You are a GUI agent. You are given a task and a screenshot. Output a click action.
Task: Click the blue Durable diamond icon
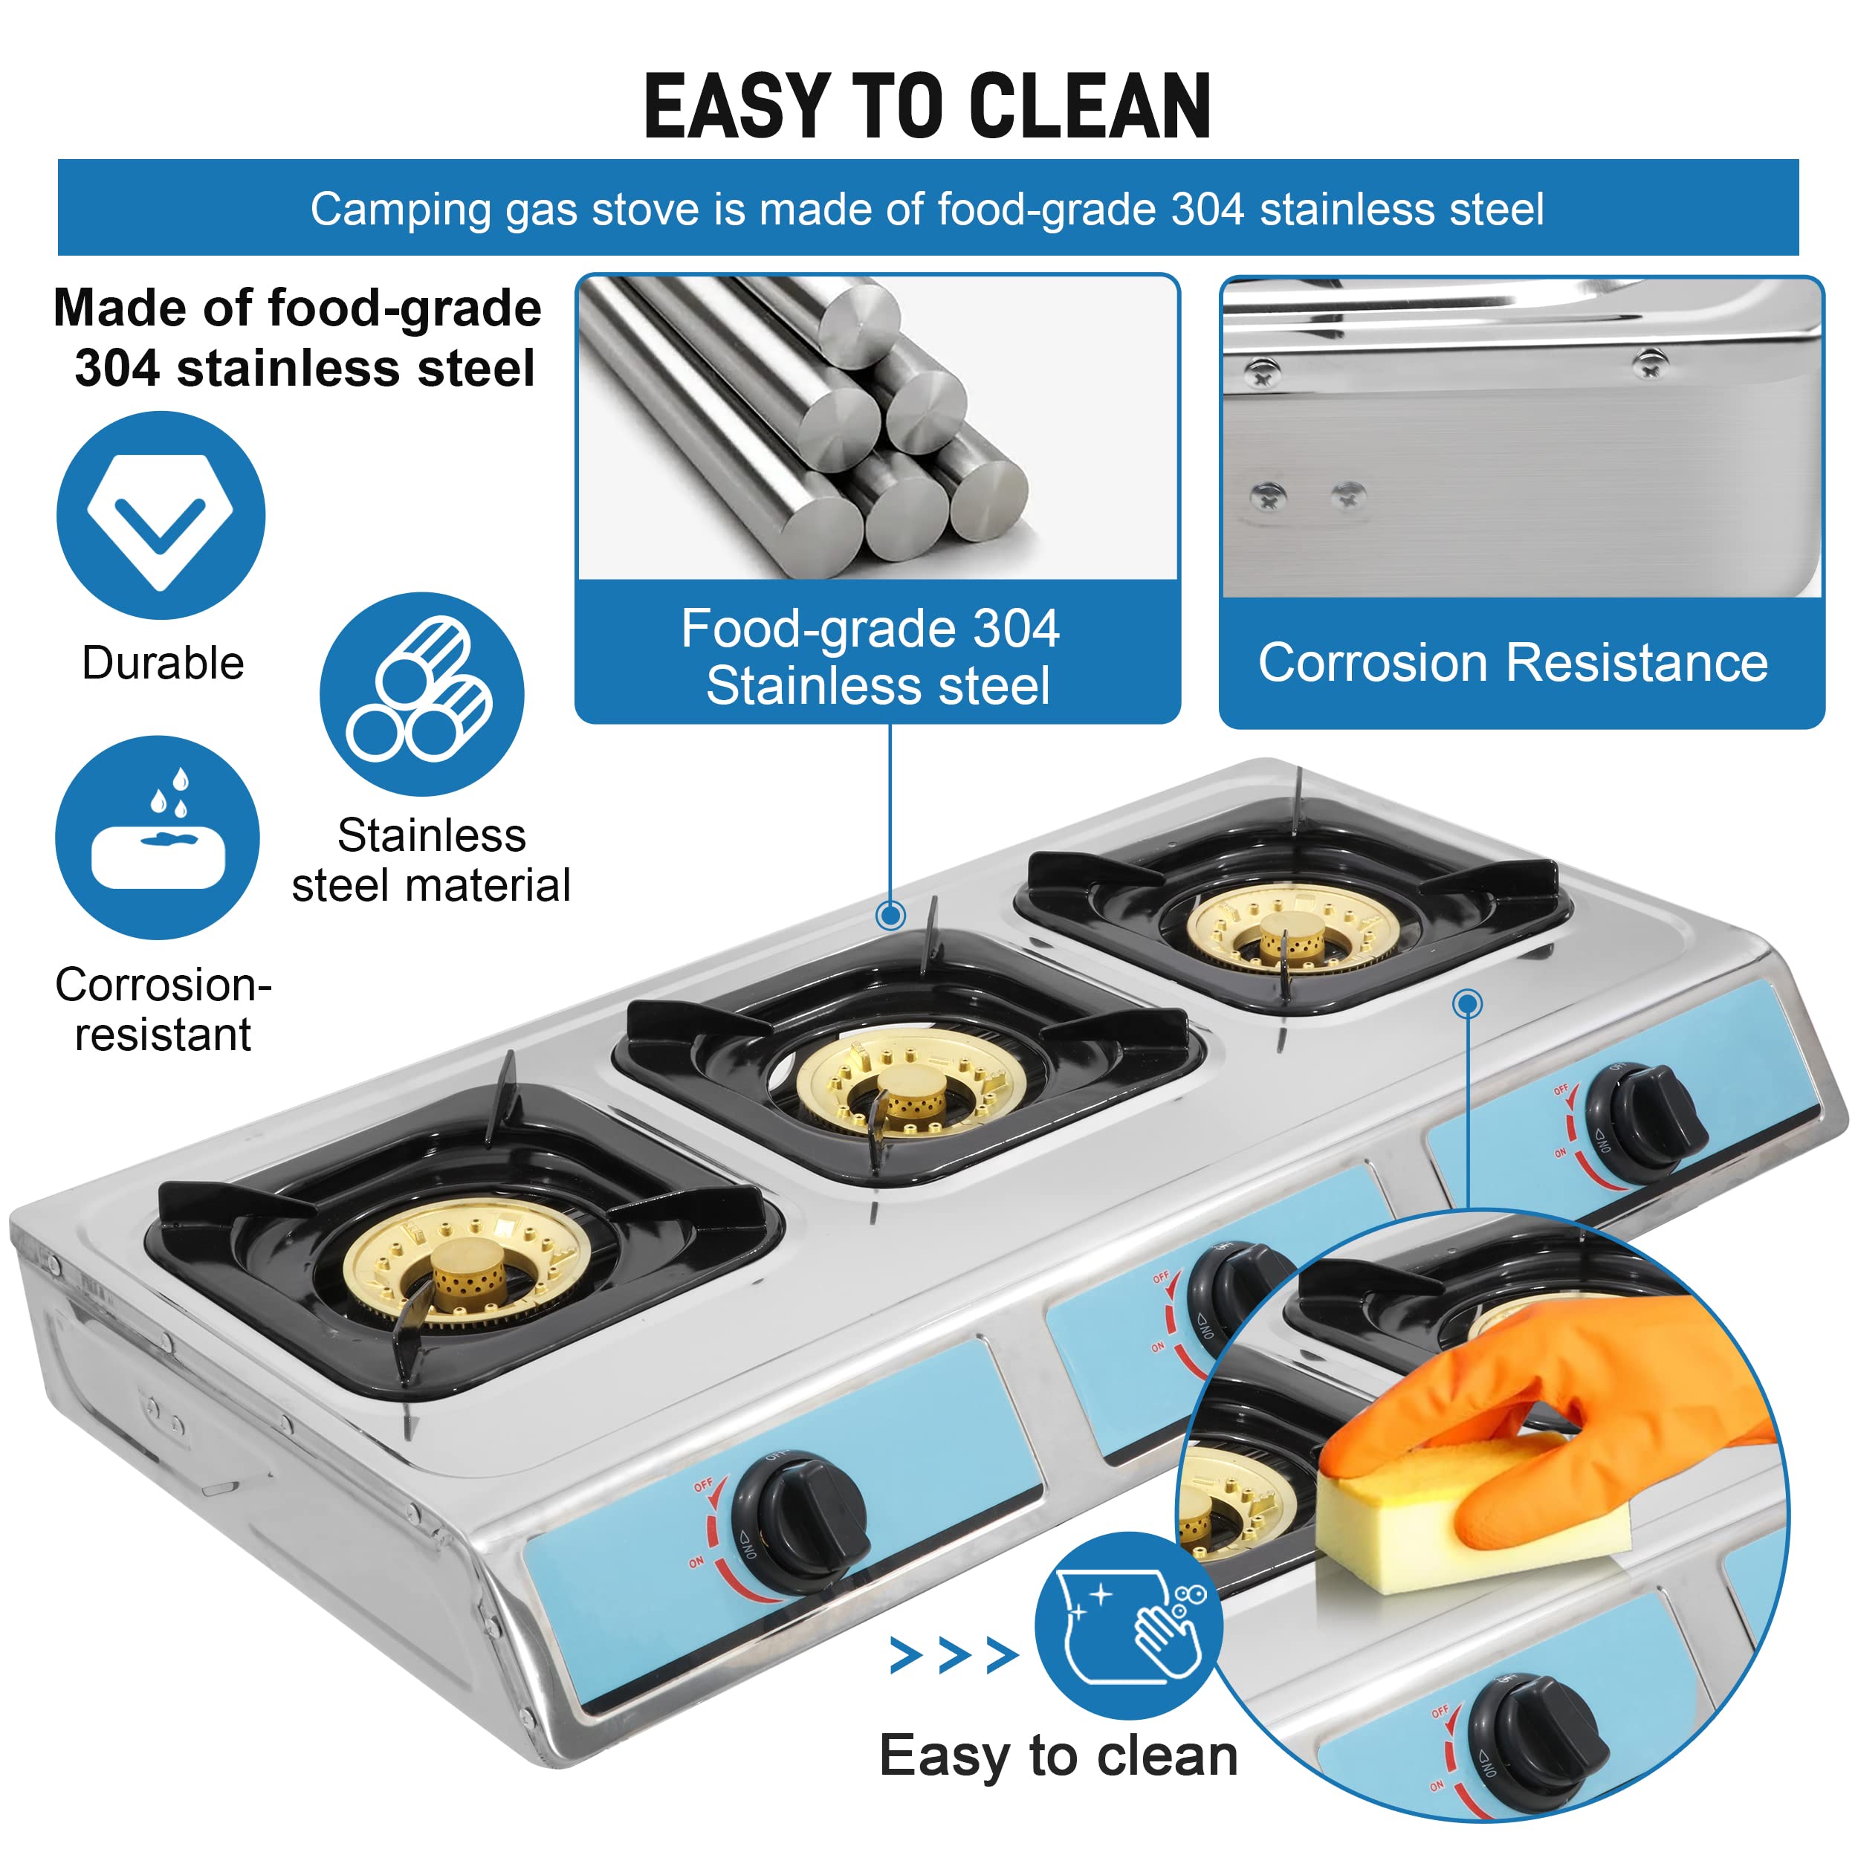[x=161, y=516]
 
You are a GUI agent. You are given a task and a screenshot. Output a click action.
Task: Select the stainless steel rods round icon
[x=421, y=693]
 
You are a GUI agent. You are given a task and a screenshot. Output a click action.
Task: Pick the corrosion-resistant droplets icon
[x=158, y=837]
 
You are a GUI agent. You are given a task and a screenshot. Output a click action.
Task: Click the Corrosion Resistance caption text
[x=1512, y=663]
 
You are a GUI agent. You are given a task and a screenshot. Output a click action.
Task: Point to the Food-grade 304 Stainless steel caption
[x=876, y=657]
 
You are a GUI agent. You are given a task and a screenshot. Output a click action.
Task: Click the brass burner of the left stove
[x=464, y=1263]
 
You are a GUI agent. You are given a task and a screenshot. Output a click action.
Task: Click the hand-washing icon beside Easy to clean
[x=1129, y=1625]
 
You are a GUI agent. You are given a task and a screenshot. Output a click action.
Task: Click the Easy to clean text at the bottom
[x=1058, y=1756]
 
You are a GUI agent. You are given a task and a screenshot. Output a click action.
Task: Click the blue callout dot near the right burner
[x=1466, y=1004]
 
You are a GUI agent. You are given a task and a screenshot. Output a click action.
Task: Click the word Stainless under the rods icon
[x=431, y=835]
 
